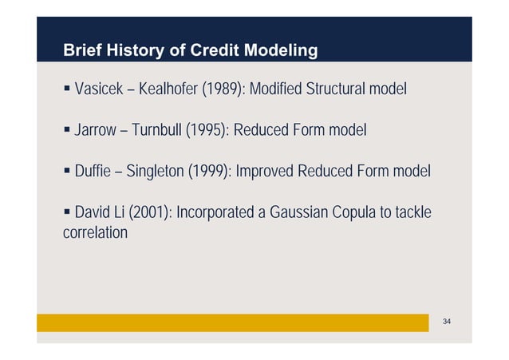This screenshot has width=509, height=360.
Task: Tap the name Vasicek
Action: [x=98, y=88]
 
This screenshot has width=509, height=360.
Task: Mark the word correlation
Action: [x=94, y=233]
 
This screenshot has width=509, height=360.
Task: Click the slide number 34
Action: [x=447, y=321]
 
